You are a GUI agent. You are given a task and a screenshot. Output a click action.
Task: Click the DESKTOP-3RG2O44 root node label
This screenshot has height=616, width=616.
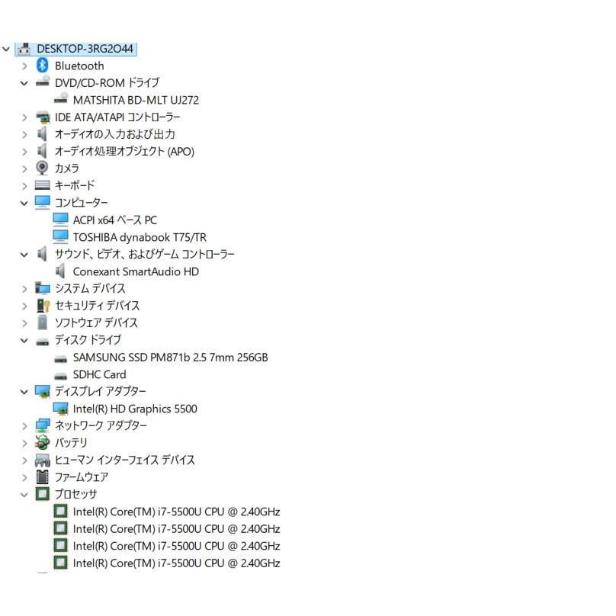tap(85, 49)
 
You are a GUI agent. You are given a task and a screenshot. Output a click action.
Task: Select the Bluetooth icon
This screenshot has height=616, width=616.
tap(42, 66)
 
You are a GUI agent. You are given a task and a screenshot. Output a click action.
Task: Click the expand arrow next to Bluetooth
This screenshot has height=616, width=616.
tap(24, 66)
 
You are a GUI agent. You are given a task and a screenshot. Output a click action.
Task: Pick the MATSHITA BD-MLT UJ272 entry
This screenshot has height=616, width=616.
tap(136, 100)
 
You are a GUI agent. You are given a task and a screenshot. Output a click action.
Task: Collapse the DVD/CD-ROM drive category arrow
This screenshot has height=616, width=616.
tap(24, 83)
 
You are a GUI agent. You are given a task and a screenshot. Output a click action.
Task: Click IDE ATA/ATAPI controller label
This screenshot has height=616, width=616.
tap(117, 117)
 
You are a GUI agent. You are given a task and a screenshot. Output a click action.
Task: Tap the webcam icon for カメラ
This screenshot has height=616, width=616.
tap(42, 168)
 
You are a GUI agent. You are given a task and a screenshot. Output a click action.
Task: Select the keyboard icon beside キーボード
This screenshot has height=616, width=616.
tap(43, 185)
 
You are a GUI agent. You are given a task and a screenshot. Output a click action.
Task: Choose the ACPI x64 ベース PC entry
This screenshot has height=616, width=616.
tap(114, 220)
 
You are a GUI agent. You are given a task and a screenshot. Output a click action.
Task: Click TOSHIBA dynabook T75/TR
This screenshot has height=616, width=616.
tap(140, 237)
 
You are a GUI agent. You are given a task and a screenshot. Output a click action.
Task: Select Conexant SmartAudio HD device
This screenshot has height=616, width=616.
tap(136, 271)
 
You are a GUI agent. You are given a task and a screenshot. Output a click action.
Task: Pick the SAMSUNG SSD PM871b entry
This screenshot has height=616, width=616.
tap(171, 357)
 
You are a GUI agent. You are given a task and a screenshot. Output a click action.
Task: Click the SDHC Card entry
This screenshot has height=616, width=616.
tap(99, 374)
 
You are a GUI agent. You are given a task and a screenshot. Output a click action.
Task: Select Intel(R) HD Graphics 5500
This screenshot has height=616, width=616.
tap(135, 409)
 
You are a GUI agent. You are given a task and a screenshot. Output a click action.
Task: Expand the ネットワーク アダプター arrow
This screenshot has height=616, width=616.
tap(24, 426)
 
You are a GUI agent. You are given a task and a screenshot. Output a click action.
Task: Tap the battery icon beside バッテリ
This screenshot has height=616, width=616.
tap(42, 442)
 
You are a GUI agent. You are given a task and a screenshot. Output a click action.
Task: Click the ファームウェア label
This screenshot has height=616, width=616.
tap(82, 477)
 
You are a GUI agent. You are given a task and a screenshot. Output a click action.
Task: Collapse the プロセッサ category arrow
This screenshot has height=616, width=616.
tap(24, 495)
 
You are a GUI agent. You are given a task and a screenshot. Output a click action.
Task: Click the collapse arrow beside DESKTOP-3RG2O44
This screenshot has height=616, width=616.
tap(6, 49)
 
